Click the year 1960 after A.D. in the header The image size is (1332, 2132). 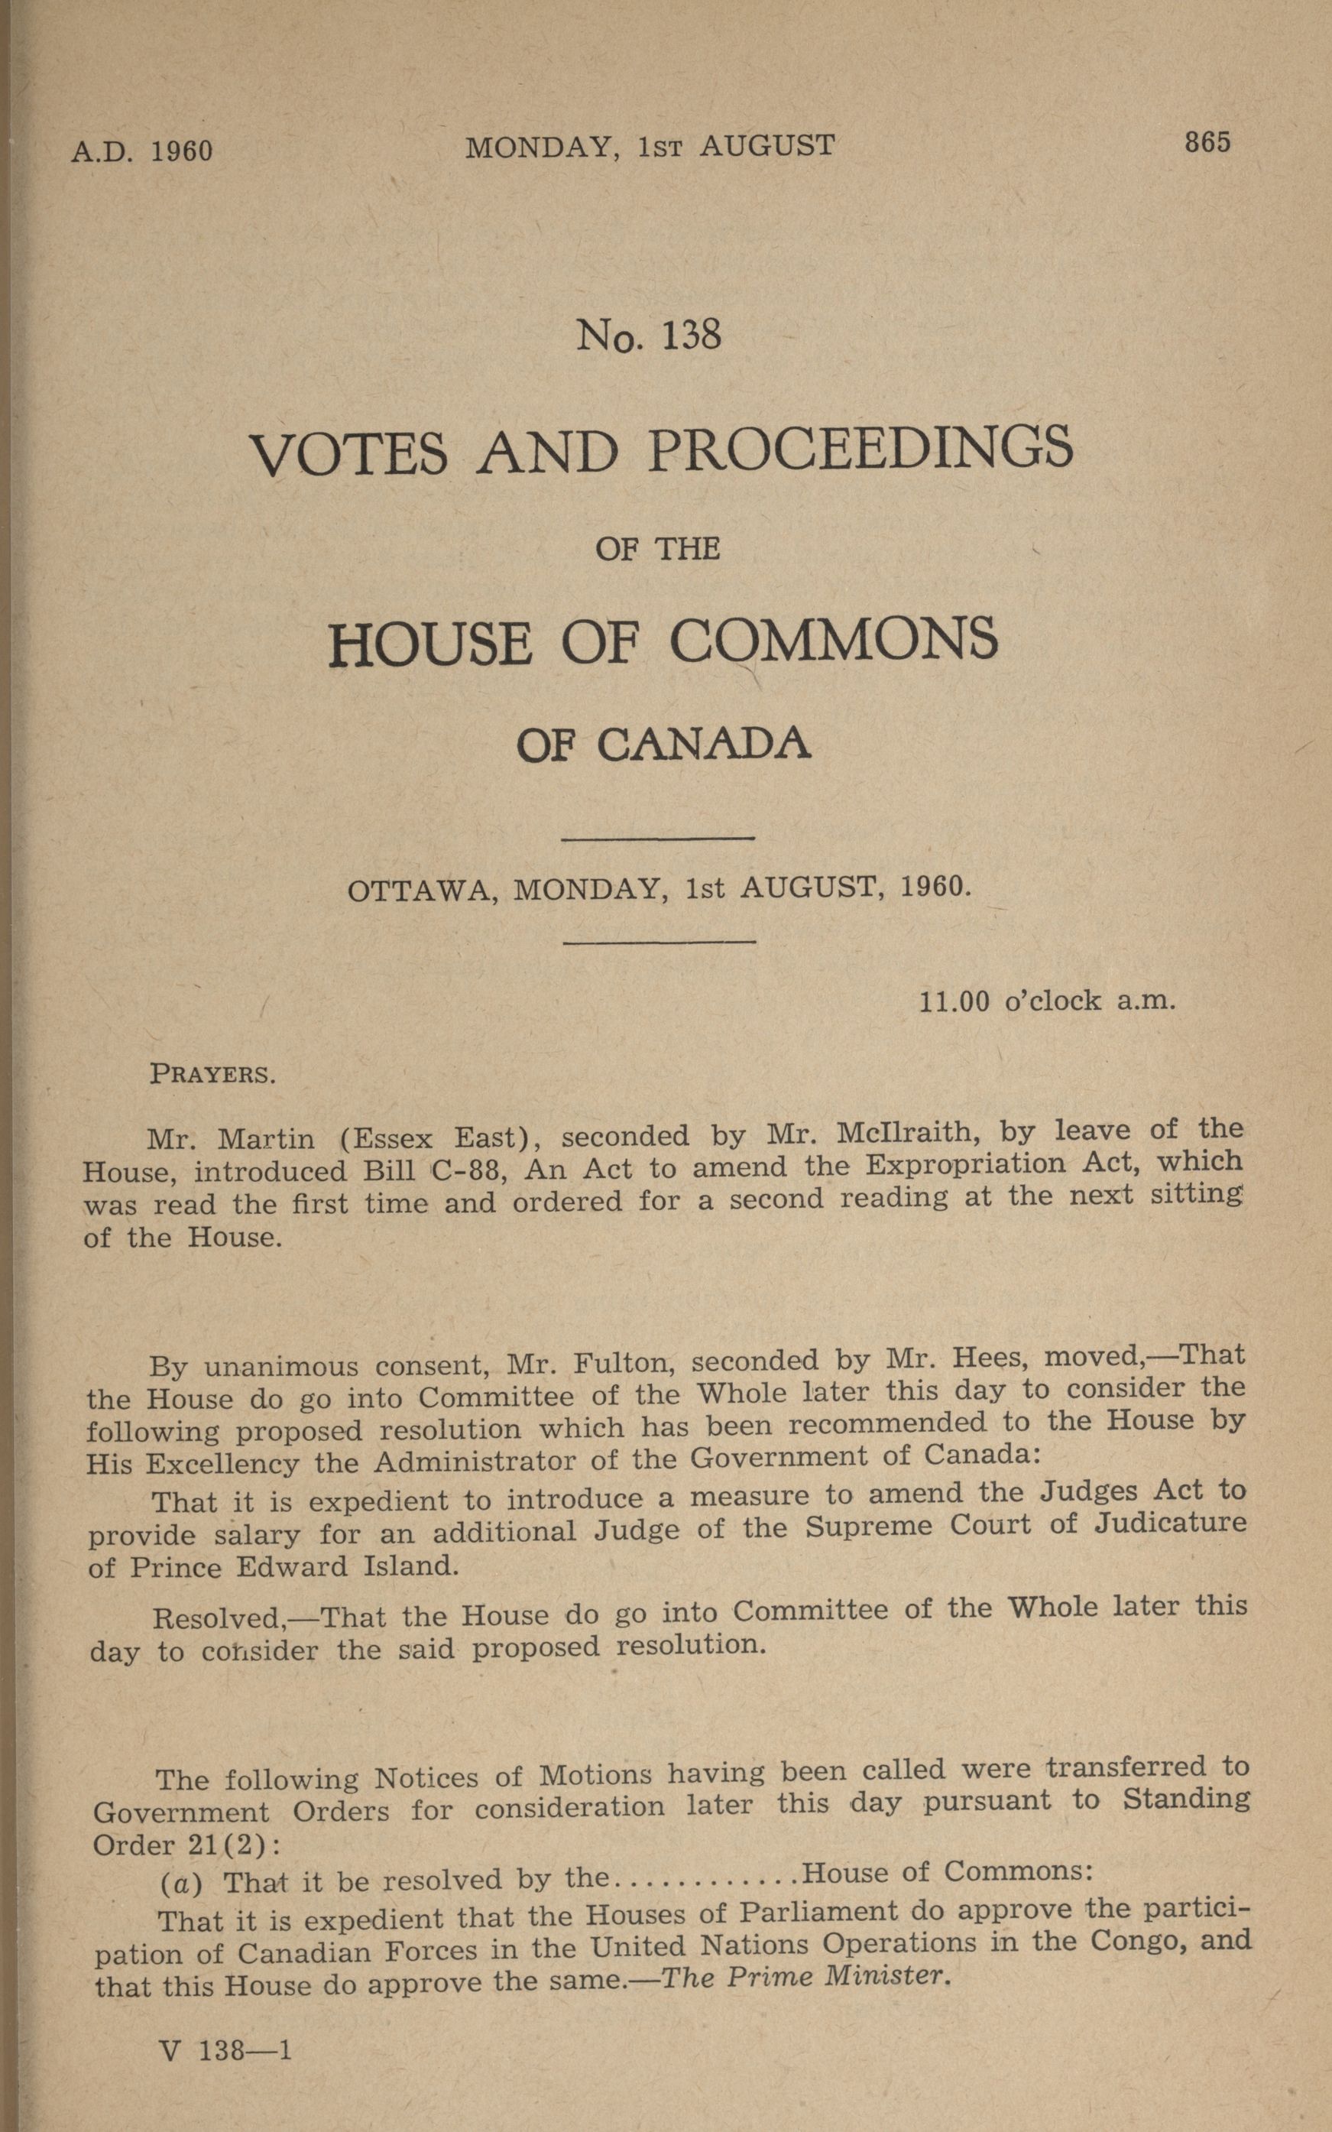click(181, 151)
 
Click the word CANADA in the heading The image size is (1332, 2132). click(703, 745)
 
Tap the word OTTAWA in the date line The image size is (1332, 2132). click(417, 891)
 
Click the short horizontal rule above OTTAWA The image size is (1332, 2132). click(657, 837)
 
